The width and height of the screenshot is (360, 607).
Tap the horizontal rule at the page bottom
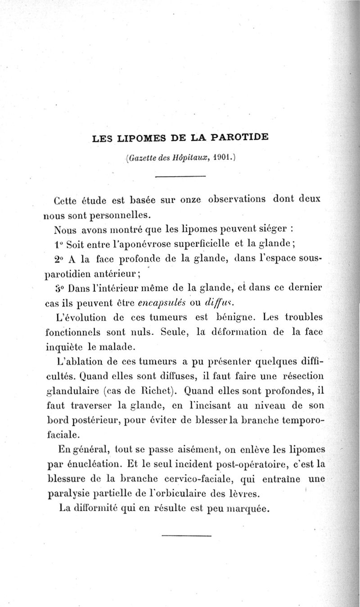[186, 536]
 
